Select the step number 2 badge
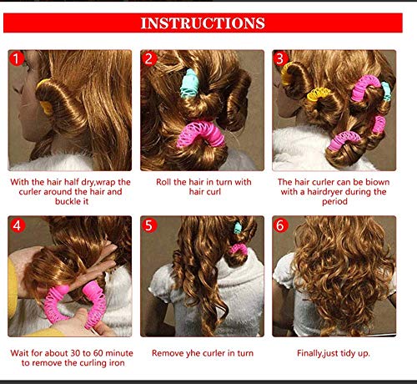tap(150, 59)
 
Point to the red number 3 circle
tap(281, 59)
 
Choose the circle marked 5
tap(150, 225)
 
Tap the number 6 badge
tap(281, 225)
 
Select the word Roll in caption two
tap(167, 180)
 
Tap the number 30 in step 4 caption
tap(81, 353)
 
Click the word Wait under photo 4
tap(22, 353)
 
